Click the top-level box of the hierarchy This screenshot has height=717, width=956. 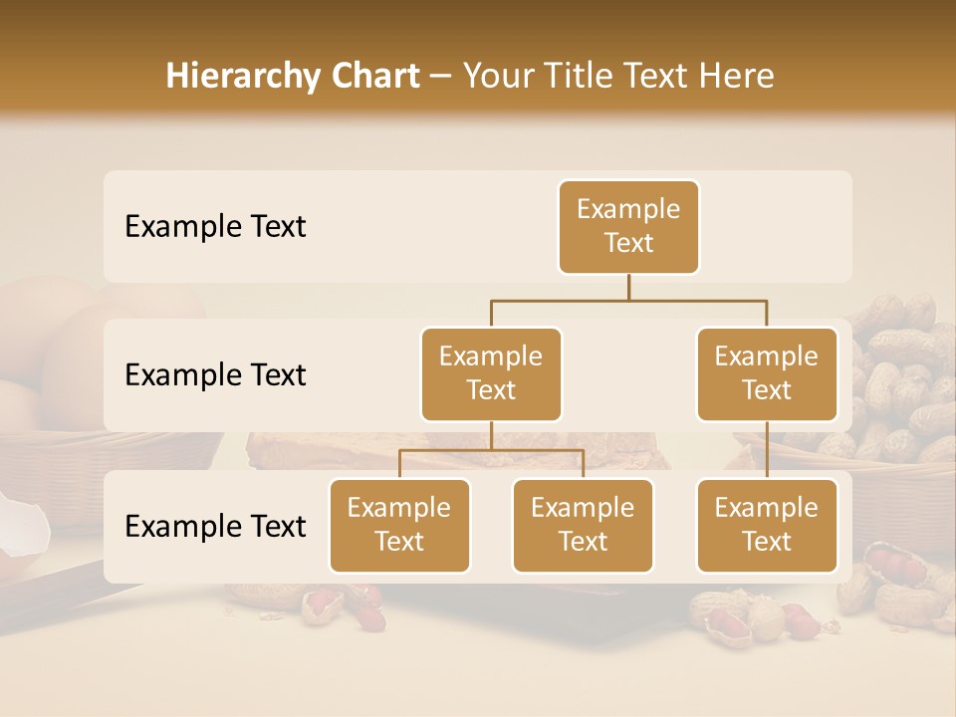628,227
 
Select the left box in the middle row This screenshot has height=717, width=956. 491,374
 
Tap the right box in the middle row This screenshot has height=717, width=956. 766,374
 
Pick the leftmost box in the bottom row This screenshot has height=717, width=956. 399,526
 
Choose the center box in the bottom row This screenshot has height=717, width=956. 583,526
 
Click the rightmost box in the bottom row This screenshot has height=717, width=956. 766,526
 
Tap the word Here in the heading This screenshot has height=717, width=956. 737,76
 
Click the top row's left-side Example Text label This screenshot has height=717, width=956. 215,227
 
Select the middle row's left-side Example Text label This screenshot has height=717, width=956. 215,375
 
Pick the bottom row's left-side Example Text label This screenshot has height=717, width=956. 215,526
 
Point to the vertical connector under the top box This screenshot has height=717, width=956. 628,287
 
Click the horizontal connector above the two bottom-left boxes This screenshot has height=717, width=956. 491,451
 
